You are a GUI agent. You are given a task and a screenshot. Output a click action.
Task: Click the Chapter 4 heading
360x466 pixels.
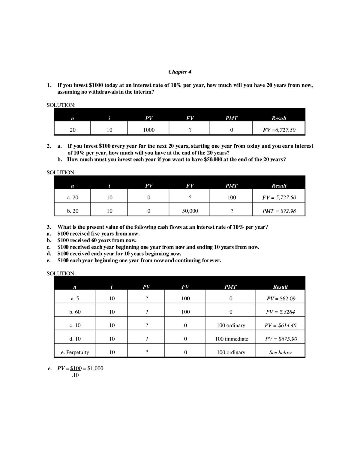pyautogui.click(x=180, y=72)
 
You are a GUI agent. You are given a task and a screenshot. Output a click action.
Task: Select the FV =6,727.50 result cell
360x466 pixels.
pyautogui.click(x=279, y=130)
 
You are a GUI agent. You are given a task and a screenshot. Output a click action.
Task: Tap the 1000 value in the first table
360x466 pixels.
pyautogui.click(x=148, y=130)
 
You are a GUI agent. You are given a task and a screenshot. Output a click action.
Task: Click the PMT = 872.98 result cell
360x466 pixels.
pyautogui.click(x=279, y=211)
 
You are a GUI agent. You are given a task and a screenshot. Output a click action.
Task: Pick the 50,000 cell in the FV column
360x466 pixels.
pyautogui.click(x=190, y=211)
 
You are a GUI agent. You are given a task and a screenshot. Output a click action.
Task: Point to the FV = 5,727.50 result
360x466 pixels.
pyautogui.click(x=279, y=197)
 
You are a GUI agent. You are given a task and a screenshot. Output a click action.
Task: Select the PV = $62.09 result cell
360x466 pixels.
pyautogui.click(x=281, y=299)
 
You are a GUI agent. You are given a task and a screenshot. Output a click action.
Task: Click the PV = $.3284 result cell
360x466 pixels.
pyautogui.click(x=280, y=312)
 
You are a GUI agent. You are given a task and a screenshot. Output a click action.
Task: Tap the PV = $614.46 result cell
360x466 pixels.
pyautogui.click(x=280, y=326)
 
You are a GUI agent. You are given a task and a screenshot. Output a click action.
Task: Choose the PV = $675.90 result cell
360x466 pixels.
pyautogui.click(x=281, y=339)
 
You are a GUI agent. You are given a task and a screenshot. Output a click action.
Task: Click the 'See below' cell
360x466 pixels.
pyautogui.click(x=280, y=353)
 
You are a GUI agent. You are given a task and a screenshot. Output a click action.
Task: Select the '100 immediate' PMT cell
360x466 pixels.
pyautogui.click(x=232, y=339)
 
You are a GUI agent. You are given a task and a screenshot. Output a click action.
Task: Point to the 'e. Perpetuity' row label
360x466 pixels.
pyautogui.click(x=75, y=352)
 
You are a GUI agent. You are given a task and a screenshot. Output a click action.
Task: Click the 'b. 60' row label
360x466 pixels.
pyautogui.click(x=75, y=312)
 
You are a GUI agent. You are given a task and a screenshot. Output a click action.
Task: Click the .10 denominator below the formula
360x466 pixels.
pyautogui.click(x=75, y=375)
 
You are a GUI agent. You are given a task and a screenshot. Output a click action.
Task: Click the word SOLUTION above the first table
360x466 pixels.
pyautogui.click(x=61, y=105)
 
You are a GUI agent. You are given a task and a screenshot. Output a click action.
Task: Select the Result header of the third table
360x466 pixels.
pyautogui.click(x=280, y=287)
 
